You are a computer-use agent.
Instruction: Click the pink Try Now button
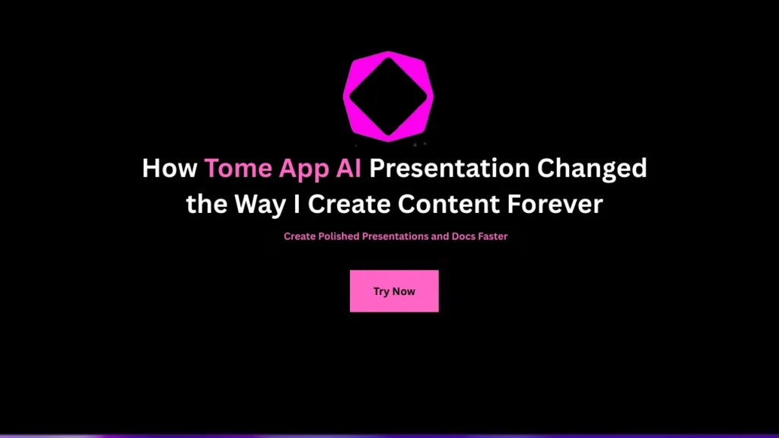pyautogui.click(x=394, y=291)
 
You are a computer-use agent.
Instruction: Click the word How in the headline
pyautogui.click(x=170, y=168)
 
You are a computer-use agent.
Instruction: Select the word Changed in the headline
pyautogui.click(x=593, y=168)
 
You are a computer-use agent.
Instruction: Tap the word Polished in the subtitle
pyautogui.click(x=339, y=236)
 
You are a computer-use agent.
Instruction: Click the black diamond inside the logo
pyautogui.click(x=388, y=97)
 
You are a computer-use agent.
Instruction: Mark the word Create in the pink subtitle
pyautogui.click(x=300, y=236)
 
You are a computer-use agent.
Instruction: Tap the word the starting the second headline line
pyautogui.click(x=205, y=205)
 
